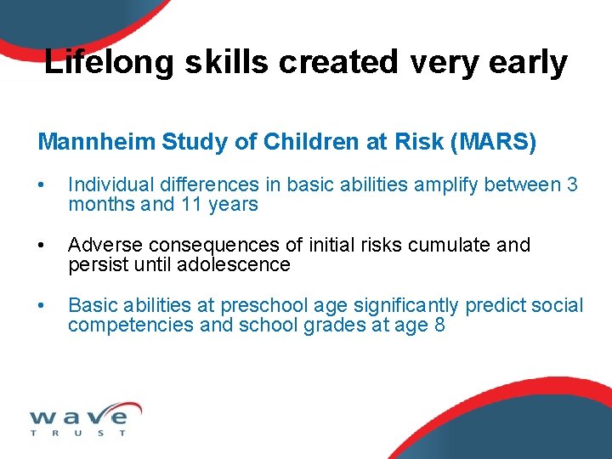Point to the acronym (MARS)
[x=494, y=142]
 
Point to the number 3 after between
[x=571, y=184]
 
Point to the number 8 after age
[x=439, y=325]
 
